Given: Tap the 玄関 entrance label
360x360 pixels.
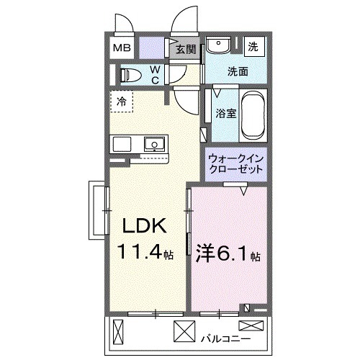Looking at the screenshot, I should [x=185, y=49].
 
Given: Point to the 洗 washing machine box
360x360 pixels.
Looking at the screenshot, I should [x=253, y=45].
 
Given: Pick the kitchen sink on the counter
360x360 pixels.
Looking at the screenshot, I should [x=153, y=145].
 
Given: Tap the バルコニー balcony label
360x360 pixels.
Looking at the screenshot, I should [x=229, y=336].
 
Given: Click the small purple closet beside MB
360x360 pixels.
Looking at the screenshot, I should [x=151, y=48].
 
